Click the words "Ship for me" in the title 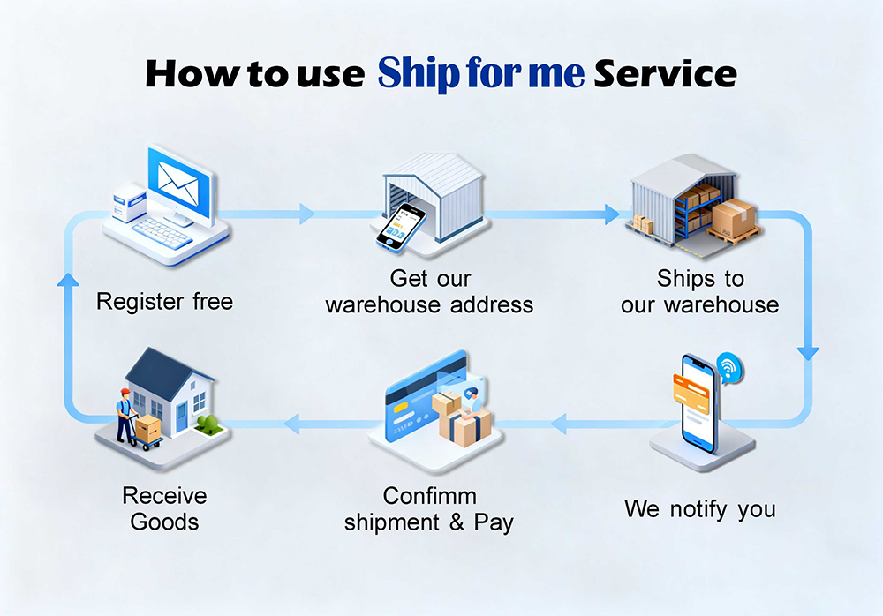tap(480, 73)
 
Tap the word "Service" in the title tap(665, 73)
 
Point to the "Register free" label tap(164, 302)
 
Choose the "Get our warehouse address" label tap(429, 292)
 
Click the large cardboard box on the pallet tap(734, 217)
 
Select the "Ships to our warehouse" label tap(700, 292)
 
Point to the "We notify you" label tap(699, 509)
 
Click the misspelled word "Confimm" tap(429, 495)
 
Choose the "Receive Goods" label tap(164, 508)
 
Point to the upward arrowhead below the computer tap(65, 280)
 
